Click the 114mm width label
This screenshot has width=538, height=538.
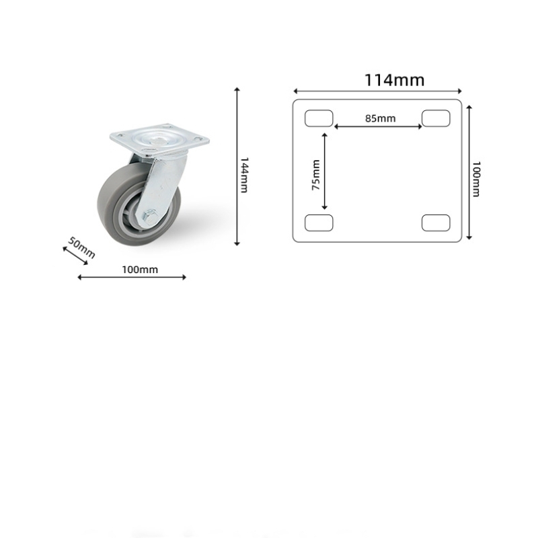tap(395, 80)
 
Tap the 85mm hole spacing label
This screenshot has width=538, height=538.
tap(380, 118)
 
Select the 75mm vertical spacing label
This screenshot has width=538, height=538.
tap(316, 175)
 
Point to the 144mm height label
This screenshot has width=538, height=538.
tap(245, 175)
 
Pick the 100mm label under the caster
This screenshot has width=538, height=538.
tap(140, 270)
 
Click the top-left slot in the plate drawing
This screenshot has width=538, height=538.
tap(319, 118)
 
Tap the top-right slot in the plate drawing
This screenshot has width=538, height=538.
tap(436, 118)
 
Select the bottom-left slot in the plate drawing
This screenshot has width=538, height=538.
tap(319, 222)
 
